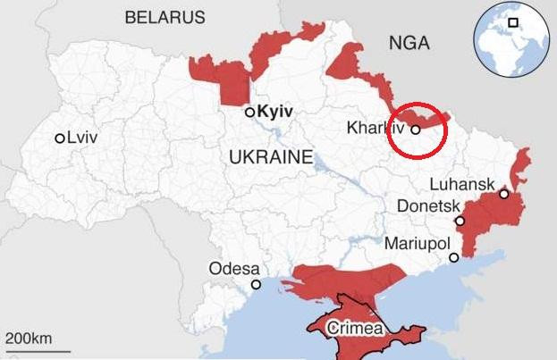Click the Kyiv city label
tap(275, 113)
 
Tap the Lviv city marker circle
tap(60, 138)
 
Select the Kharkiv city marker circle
tap(416, 130)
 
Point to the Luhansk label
tap(461, 184)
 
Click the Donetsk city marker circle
tap(460, 221)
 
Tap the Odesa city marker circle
tap(257, 284)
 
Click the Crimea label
tap(356, 328)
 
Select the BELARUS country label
tap(165, 17)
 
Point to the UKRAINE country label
tap(271, 157)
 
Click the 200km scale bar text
tap(28, 339)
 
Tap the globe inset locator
tap(511, 38)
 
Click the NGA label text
tap(409, 43)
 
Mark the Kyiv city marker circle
tap(250, 113)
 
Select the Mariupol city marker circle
tap(454, 257)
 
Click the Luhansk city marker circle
tap(504, 194)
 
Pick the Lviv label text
tap(83, 138)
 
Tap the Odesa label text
tap(234, 268)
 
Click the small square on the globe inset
tap(514, 22)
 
